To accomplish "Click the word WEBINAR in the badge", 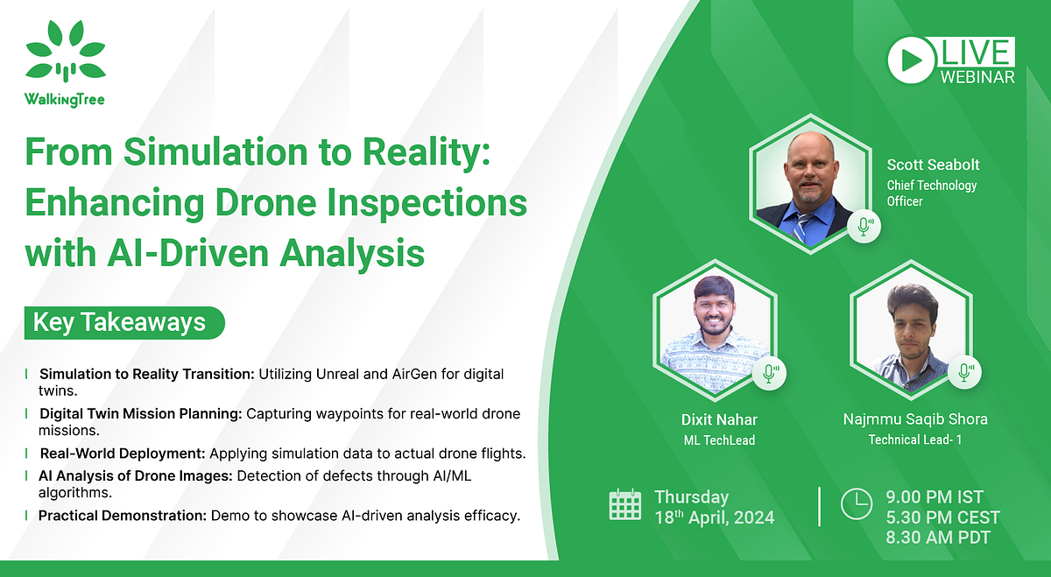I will (x=977, y=77).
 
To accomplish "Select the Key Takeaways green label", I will (x=120, y=322).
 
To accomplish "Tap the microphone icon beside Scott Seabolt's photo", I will (x=864, y=227).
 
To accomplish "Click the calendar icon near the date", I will (x=625, y=506).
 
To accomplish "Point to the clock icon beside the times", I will (x=855, y=504).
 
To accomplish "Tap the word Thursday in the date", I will (x=692, y=496).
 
